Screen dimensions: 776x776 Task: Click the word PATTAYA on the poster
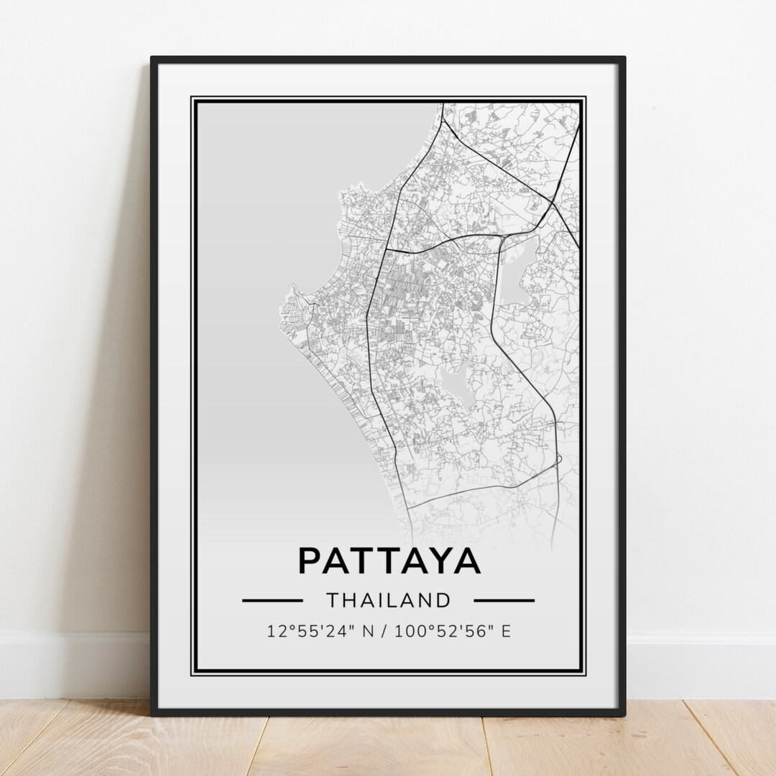pyautogui.click(x=389, y=560)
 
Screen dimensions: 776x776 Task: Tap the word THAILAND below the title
pyautogui.click(x=389, y=599)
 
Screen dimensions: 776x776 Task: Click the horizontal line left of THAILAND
pyautogui.click(x=272, y=599)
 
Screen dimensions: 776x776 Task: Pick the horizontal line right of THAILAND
pyautogui.click(x=504, y=599)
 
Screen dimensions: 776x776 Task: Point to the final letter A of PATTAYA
pyautogui.click(x=467, y=560)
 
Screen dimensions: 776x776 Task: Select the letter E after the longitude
pyautogui.click(x=506, y=632)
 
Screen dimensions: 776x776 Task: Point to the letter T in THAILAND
pyautogui.click(x=331, y=599)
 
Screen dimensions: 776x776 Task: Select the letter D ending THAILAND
pyautogui.click(x=445, y=599)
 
